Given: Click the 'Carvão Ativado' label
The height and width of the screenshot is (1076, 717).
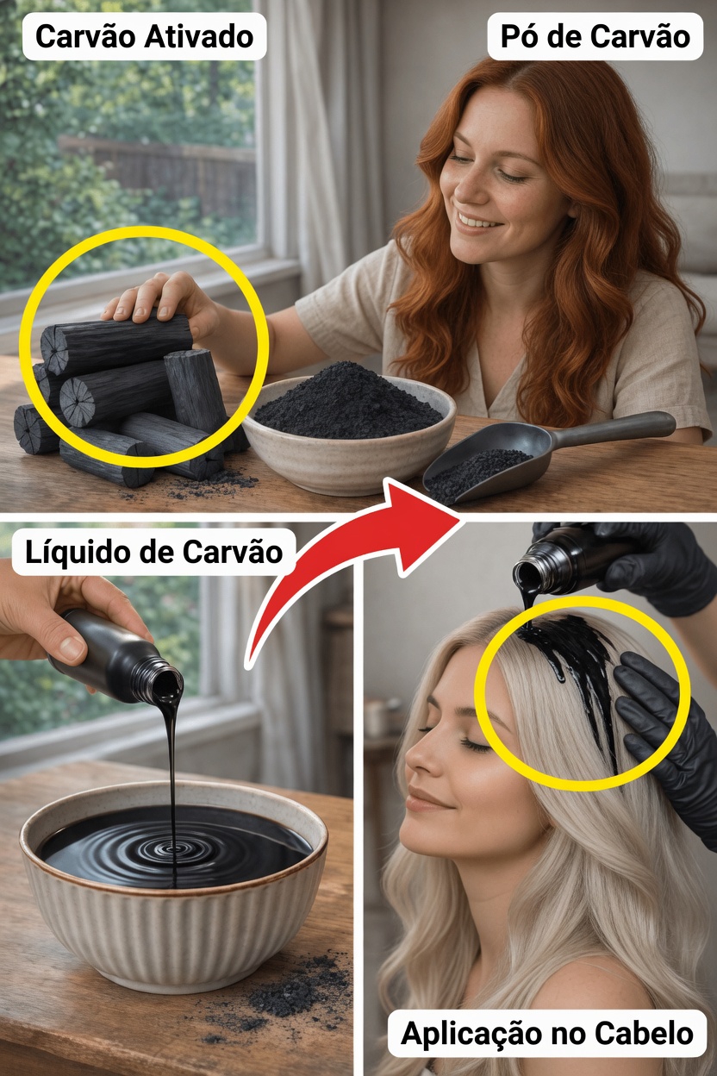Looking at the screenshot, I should (x=144, y=37).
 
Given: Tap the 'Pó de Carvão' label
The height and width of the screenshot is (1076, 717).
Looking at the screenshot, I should (x=595, y=37).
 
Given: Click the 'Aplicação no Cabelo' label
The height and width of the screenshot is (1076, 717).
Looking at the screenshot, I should (x=546, y=1033).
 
